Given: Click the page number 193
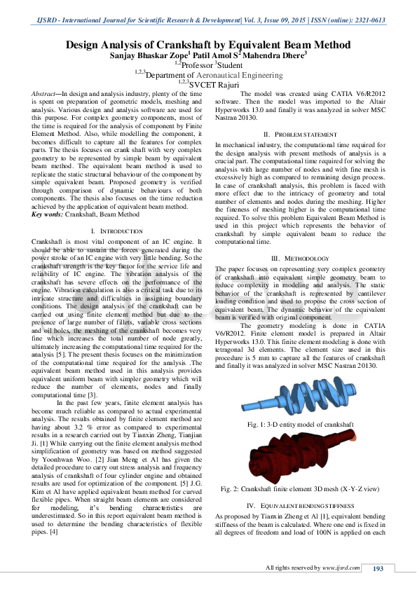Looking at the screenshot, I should point(378,568).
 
